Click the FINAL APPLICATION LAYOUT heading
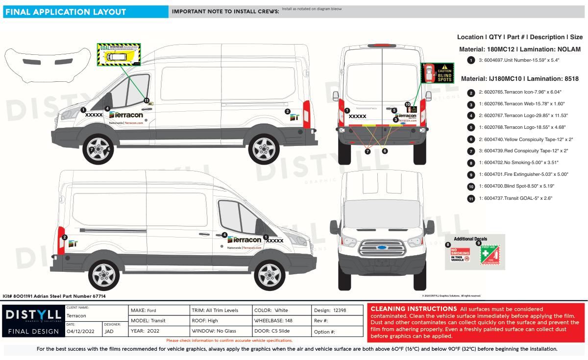coord(66,12)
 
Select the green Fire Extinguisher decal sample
coord(489,256)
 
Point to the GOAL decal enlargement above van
coord(118,54)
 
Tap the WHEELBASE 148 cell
coord(281,321)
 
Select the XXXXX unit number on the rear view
coord(357,117)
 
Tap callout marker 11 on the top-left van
coord(147,100)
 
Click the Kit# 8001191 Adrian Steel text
coord(54,296)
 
